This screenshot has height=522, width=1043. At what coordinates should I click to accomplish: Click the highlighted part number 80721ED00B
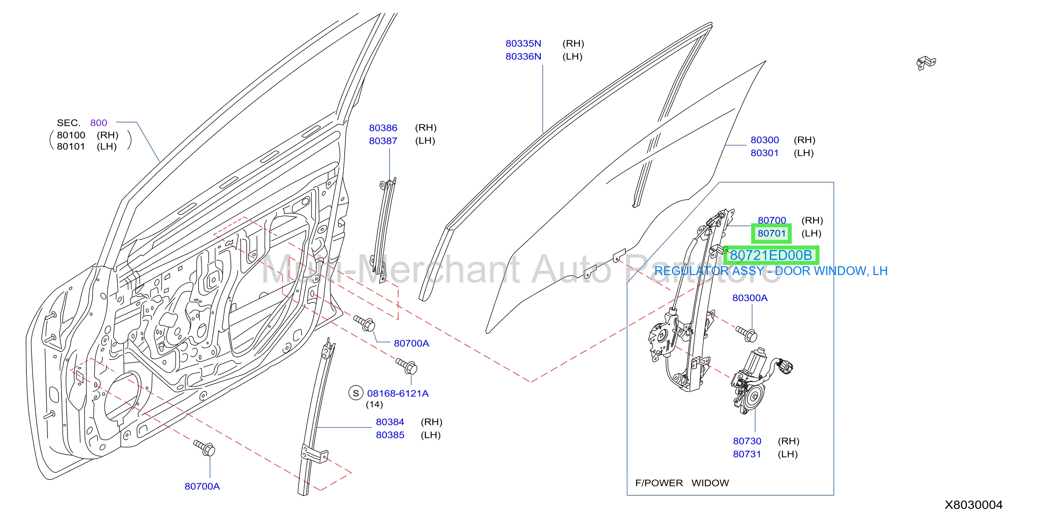point(771,255)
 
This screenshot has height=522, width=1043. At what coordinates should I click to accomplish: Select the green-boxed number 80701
point(771,234)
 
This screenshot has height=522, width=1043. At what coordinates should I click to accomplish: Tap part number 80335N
point(523,43)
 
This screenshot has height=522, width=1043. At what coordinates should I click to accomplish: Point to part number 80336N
point(523,56)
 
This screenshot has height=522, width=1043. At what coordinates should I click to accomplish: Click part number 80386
point(383,128)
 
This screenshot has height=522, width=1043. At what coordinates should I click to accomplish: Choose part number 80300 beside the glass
point(765,140)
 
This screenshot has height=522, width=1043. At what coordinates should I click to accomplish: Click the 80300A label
point(750,298)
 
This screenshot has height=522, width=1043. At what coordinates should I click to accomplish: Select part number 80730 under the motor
point(747,441)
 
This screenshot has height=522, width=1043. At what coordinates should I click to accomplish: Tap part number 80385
point(390,435)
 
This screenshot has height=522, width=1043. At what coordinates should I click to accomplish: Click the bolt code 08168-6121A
point(398,393)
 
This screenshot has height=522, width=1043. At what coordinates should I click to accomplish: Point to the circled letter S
point(356,393)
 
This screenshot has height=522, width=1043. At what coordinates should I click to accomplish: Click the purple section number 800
point(99,123)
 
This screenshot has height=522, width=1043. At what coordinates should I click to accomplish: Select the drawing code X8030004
point(973,505)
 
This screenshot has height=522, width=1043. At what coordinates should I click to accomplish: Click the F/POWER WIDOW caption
point(682,483)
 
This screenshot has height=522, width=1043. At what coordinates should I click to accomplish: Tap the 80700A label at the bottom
point(202,486)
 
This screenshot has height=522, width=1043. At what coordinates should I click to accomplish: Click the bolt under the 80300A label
point(746,333)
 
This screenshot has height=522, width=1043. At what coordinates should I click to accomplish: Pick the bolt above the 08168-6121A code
point(407,366)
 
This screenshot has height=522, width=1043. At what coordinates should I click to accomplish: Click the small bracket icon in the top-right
point(926,63)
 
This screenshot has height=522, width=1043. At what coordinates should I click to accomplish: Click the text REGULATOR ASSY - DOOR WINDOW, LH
point(771,271)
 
